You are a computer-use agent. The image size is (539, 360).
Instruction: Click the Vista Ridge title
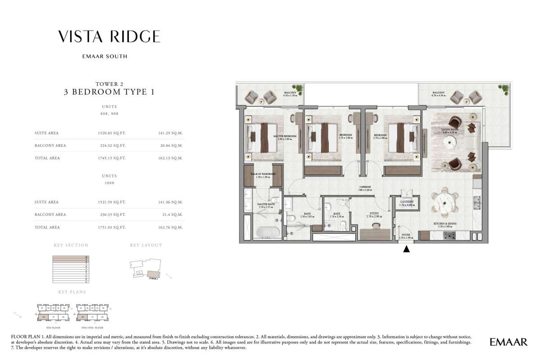click(x=109, y=36)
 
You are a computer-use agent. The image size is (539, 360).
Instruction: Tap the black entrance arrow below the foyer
click(x=407, y=249)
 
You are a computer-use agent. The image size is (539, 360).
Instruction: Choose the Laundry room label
click(x=406, y=203)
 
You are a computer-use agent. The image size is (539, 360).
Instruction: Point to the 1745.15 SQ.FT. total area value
click(x=113, y=158)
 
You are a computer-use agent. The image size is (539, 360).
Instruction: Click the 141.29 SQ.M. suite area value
click(x=171, y=133)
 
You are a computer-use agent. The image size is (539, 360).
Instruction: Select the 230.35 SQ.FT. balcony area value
click(x=113, y=215)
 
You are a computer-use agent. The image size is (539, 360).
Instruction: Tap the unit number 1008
click(x=109, y=183)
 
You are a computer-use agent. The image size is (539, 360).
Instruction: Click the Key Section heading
click(x=71, y=245)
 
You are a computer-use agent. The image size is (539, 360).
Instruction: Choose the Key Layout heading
click(x=146, y=245)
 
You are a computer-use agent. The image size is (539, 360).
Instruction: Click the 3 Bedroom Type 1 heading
click(x=110, y=93)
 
